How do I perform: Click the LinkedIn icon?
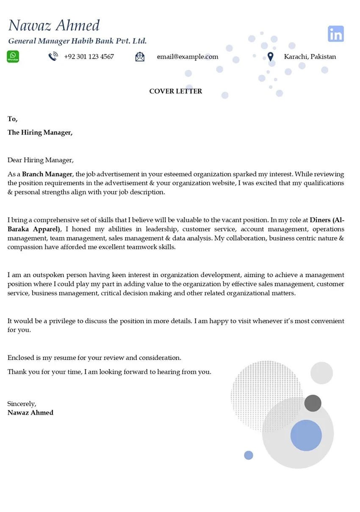(x=336, y=34)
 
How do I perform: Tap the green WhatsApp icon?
(x=13, y=56)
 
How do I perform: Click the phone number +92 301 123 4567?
(x=89, y=57)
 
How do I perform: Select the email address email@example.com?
(x=187, y=57)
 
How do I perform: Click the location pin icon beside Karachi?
(x=271, y=57)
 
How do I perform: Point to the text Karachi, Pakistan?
(x=310, y=57)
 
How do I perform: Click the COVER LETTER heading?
(x=176, y=91)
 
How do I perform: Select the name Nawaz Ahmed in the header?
(x=54, y=26)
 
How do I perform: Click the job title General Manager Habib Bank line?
(x=78, y=41)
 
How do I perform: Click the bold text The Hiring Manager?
(x=40, y=132)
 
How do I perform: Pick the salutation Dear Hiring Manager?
(x=40, y=160)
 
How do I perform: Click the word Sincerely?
(x=22, y=404)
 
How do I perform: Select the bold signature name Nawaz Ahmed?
(x=30, y=413)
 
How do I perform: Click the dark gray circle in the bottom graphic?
(x=313, y=403)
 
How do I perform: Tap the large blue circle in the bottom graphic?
(x=306, y=435)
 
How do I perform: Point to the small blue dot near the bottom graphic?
(x=249, y=455)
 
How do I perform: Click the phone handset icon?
(x=53, y=57)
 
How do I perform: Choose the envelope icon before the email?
(x=140, y=57)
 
